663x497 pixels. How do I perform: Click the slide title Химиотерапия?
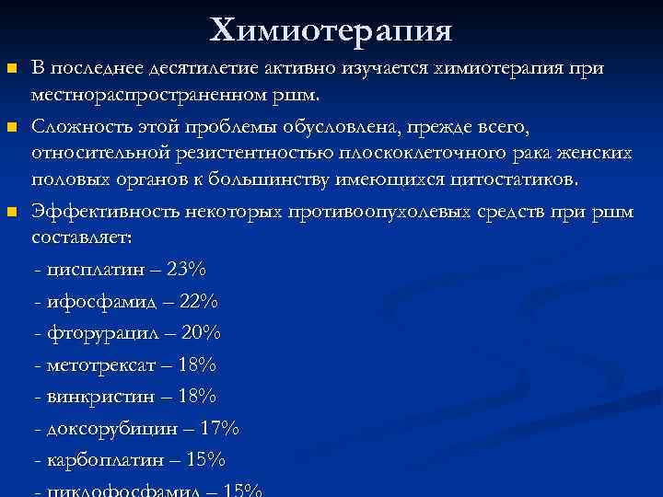point(331,30)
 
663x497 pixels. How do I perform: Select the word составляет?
point(82,237)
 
